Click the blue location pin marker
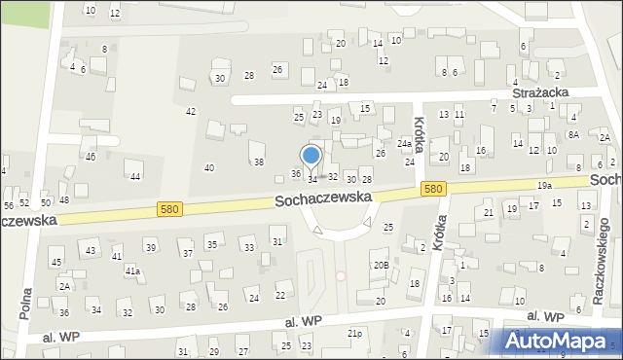click(311, 156)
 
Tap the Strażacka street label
click(540, 91)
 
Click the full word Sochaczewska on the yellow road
click(324, 198)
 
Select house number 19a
click(544, 185)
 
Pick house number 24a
click(403, 144)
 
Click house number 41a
click(131, 270)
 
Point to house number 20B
click(381, 265)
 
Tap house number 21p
click(355, 333)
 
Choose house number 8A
click(573, 134)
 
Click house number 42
click(191, 111)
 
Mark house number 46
click(91, 156)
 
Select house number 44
click(135, 176)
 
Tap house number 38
click(259, 162)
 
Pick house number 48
click(64, 200)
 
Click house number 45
click(56, 262)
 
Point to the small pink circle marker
click(341, 275)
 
